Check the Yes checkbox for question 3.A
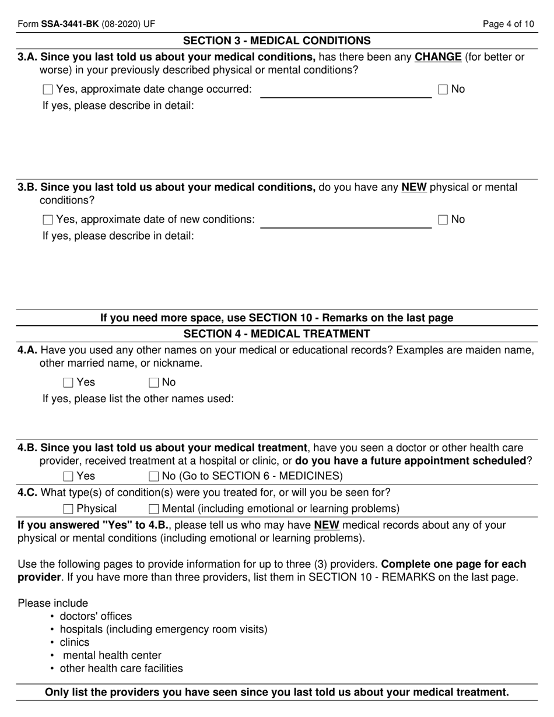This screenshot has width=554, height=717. tap(48, 90)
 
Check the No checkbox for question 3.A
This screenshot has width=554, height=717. tap(443, 90)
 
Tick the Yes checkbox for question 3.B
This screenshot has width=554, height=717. tap(48, 220)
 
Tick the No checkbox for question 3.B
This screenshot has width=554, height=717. tap(443, 220)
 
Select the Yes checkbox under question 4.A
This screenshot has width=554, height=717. tap(68, 383)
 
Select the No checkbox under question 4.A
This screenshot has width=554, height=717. tap(154, 383)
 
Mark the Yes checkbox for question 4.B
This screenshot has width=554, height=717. tap(68, 476)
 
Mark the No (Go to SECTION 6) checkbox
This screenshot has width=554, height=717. tap(154, 476)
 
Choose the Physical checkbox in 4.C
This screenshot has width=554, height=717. tap(68, 509)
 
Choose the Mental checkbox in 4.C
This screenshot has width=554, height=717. tap(154, 509)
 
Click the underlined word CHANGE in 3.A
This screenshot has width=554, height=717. tap(438, 57)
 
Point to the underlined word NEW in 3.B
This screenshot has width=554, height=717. tap(414, 188)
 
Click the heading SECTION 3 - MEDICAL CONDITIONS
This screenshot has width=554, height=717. tap(276, 41)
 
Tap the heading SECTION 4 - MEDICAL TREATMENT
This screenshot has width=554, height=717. tap(276, 334)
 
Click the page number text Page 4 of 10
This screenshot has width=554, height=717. tap(509, 24)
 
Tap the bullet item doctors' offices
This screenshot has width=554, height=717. tap(96, 616)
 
